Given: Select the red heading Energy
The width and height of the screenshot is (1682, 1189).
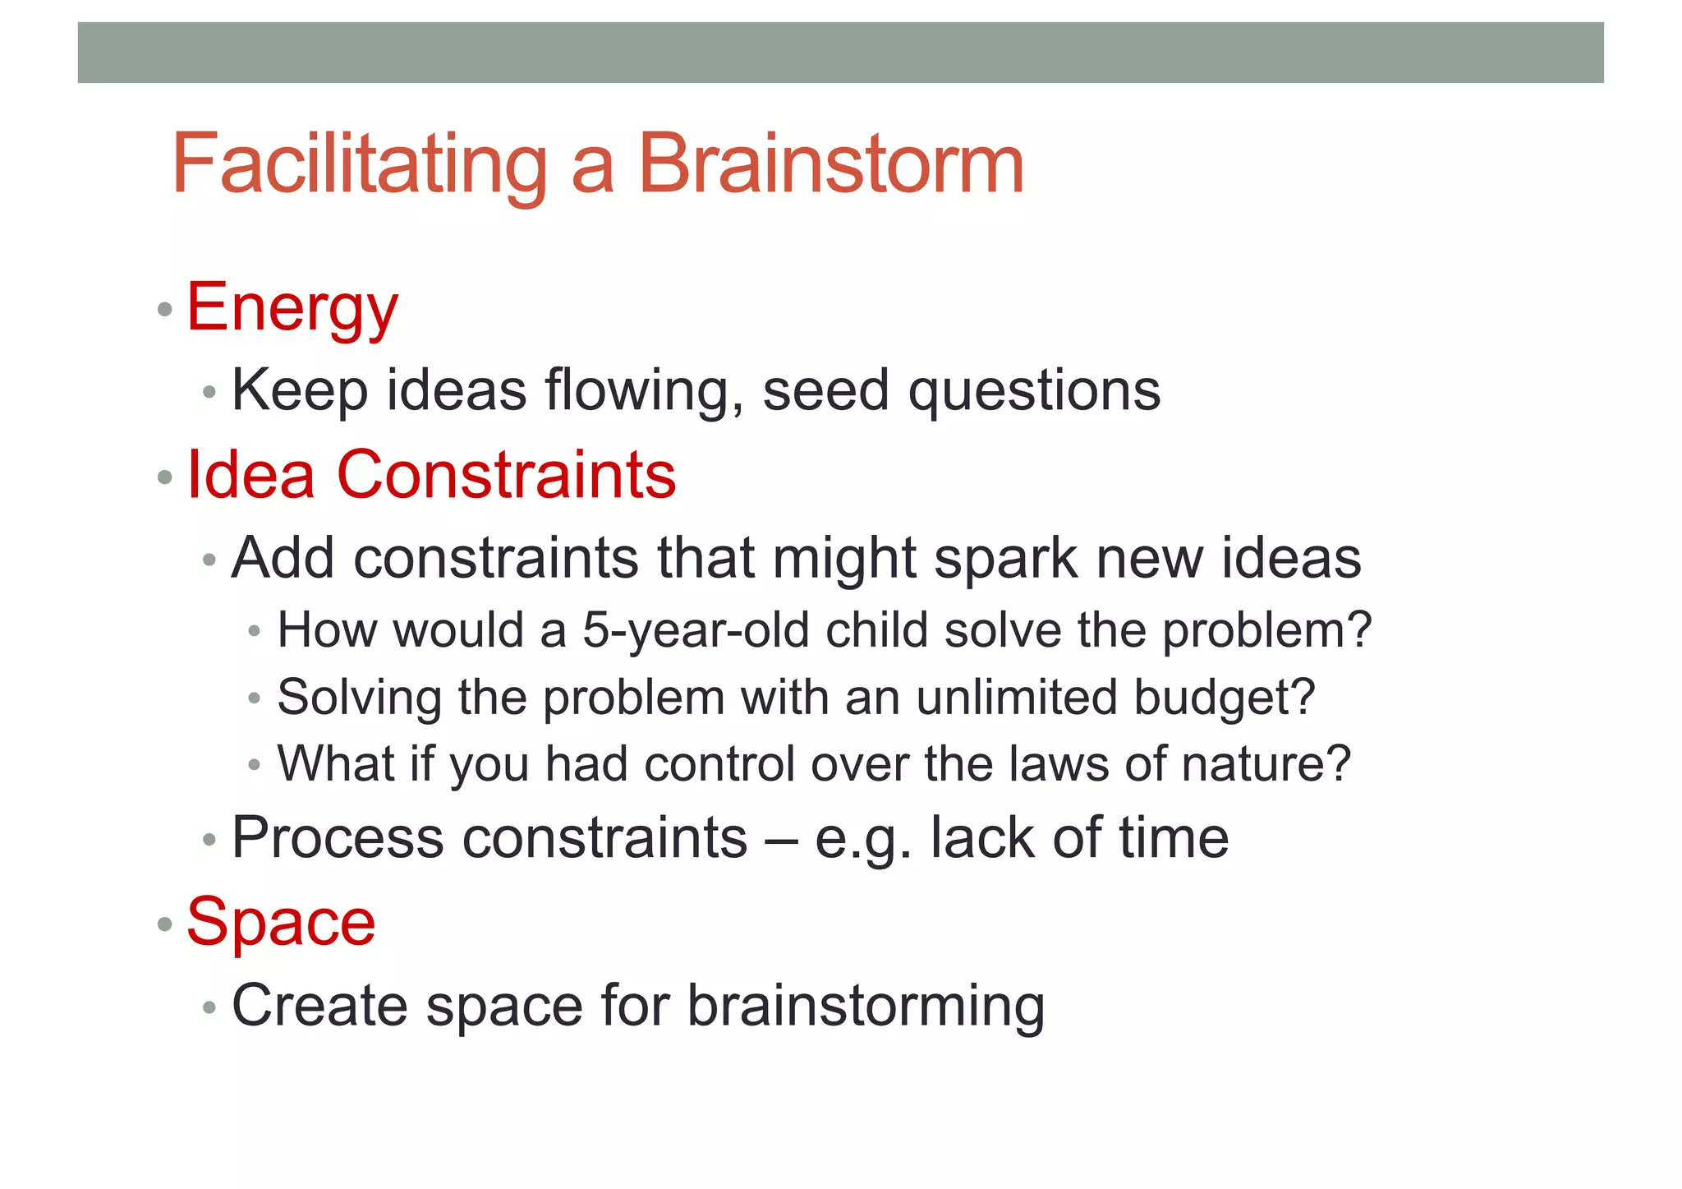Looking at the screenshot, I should click(292, 309).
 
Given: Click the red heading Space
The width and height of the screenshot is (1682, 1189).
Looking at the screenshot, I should click(281, 923).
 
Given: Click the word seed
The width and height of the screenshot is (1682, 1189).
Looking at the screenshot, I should click(825, 390).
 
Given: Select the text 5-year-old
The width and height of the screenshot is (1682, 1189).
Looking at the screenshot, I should click(696, 631).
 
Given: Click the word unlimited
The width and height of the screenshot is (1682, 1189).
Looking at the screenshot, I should click(1016, 698).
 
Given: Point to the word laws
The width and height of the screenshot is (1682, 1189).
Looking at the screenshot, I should click(1057, 764).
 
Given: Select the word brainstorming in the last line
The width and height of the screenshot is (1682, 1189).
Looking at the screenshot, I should click(866, 1007).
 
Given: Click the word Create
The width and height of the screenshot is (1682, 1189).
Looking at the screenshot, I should click(319, 1006).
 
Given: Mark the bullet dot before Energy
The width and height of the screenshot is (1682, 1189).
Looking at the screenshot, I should click(165, 310).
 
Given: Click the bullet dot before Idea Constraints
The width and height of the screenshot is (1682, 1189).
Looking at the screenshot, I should click(165, 477).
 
